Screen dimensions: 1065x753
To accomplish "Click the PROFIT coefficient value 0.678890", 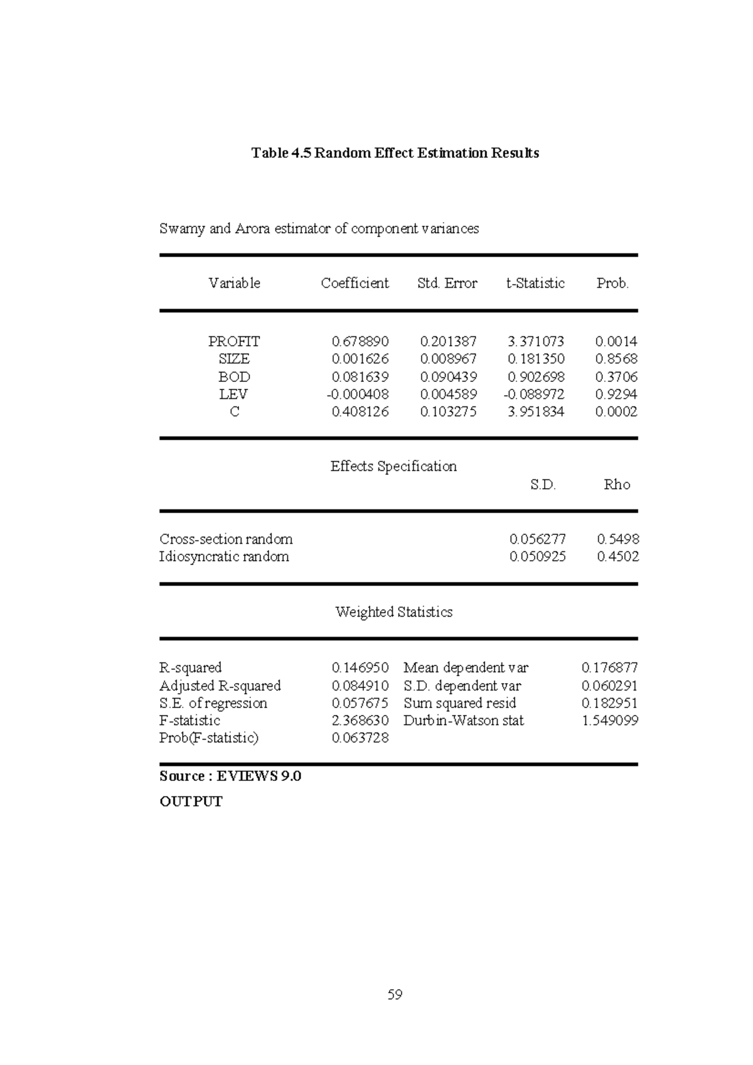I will click(x=360, y=342).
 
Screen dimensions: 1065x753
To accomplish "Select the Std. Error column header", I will click(x=447, y=283).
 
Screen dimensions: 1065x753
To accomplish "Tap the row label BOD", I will click(x=234, y=377).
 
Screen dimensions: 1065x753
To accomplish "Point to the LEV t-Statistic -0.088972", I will click(x=535, y=395).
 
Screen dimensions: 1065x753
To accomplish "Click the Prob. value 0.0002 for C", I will click(x=616, y=412).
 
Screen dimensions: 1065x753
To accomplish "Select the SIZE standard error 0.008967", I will click(x=448, y=359).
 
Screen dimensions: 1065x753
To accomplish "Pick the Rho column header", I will click(x=616, y=485).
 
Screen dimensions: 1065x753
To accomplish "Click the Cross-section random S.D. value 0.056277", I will click(x=537, y=539).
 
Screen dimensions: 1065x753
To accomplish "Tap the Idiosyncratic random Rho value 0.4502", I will click(x=617, y=557).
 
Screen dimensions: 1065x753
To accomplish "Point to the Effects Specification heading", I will click(x=393, y=467).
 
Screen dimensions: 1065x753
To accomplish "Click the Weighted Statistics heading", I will click(x=393, y=612).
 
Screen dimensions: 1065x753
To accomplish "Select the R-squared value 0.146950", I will click(x=360, y=668).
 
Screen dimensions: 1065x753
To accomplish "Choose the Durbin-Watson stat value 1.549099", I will click(x=609, y=721).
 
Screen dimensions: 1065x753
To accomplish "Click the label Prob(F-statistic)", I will click(x=208, y=738).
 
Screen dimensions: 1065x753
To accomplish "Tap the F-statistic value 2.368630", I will click(x=360, y=721).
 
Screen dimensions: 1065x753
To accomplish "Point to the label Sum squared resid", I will click(x=459, y=703).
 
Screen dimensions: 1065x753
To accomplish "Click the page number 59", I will click(x=395, y=995).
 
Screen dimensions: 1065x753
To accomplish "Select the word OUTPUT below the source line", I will click(x=191, y=802).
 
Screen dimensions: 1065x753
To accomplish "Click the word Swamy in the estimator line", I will click(x=182, y=229).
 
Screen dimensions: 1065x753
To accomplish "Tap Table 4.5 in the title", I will click(x=280, y=153).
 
